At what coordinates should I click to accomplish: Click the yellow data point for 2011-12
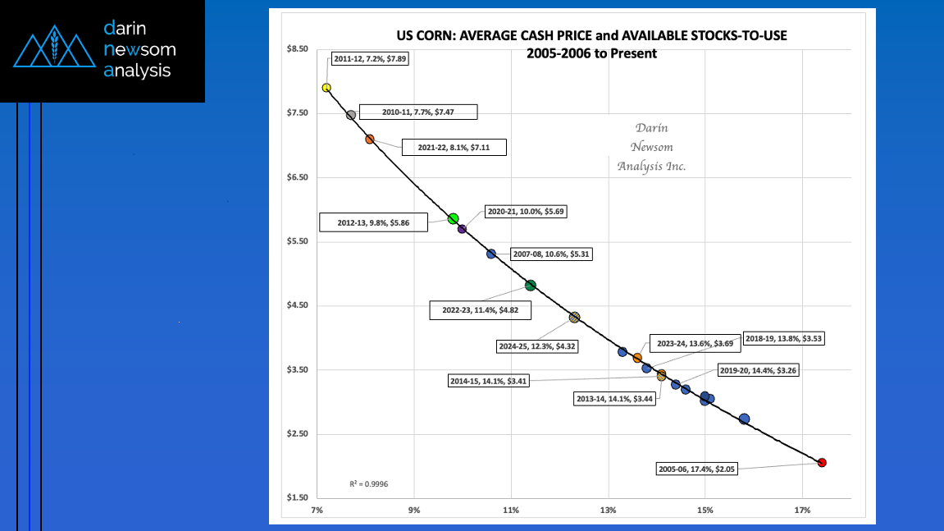click(326, 88)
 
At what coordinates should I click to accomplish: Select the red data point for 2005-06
click(822, 463)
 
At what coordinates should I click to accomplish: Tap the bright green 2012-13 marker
click(454, 218)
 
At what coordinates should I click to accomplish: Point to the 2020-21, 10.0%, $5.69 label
click(525, 211)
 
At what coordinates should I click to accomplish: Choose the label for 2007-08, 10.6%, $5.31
click(550, 254)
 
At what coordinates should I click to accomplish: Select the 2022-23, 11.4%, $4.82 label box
click(480, 311)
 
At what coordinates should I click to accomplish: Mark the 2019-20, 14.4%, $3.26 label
click(757, 370)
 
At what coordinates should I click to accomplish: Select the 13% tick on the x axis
click(608, 510)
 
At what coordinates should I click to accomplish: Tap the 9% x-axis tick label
click(414, 510)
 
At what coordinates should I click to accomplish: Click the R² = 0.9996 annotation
click(370, 484)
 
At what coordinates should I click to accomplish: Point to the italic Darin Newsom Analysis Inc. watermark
click(651, 147)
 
